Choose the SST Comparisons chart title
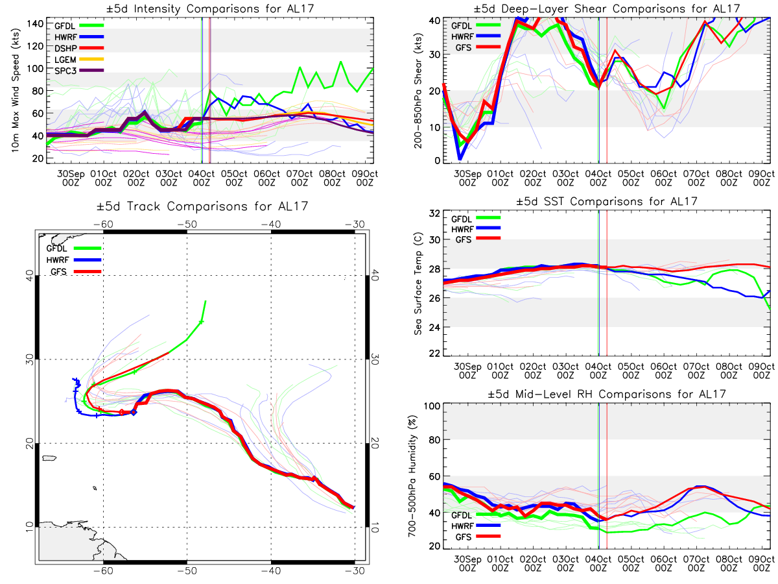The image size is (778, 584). tap(606, 202)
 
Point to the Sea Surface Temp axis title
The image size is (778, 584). tap(418, 283)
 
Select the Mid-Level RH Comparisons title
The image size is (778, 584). tap(606, 394)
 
